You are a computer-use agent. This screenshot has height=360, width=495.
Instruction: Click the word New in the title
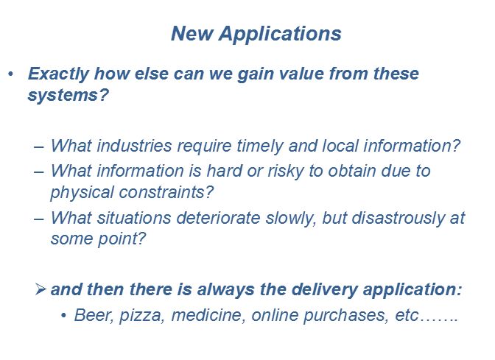(192, 33)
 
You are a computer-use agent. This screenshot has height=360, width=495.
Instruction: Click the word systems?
(69, 95)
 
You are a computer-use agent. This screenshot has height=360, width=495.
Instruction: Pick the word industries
(134, 146)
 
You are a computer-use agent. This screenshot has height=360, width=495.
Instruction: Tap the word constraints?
(166, 192)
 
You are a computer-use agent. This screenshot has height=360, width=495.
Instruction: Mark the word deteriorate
(218, 218)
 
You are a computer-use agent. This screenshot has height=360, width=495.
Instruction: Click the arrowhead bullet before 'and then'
(41, 289)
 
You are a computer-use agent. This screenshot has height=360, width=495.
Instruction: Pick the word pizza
(140, 316)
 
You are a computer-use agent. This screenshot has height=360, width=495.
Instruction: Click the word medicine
(208, 315)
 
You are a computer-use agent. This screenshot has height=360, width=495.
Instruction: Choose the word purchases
(345, 316)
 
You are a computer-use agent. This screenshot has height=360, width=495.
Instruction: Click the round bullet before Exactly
(11, 74)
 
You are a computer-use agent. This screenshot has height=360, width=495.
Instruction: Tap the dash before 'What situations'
(39, 219)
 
